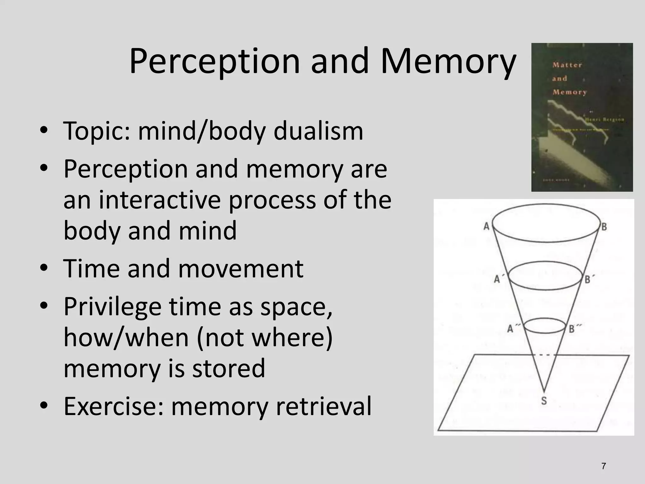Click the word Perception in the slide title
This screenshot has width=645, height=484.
tap(214, 61)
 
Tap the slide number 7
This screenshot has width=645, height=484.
tap(603, 466)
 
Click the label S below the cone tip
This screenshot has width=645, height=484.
tap(544, 401)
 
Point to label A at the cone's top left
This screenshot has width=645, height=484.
tap(487, 226)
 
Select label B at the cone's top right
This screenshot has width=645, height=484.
tap(604, 227)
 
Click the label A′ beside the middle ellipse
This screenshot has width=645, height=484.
tap(498, 279)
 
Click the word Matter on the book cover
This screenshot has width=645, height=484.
tap(567, 65)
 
